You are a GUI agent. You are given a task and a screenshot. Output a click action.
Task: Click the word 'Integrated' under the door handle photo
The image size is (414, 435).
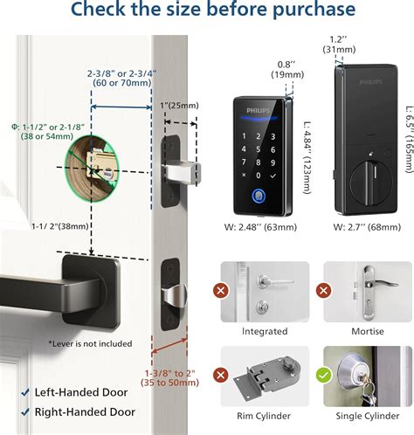click(x=265, y=331)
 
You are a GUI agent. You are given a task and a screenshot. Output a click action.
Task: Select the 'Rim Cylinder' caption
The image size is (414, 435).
click(x=265, y=417)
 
